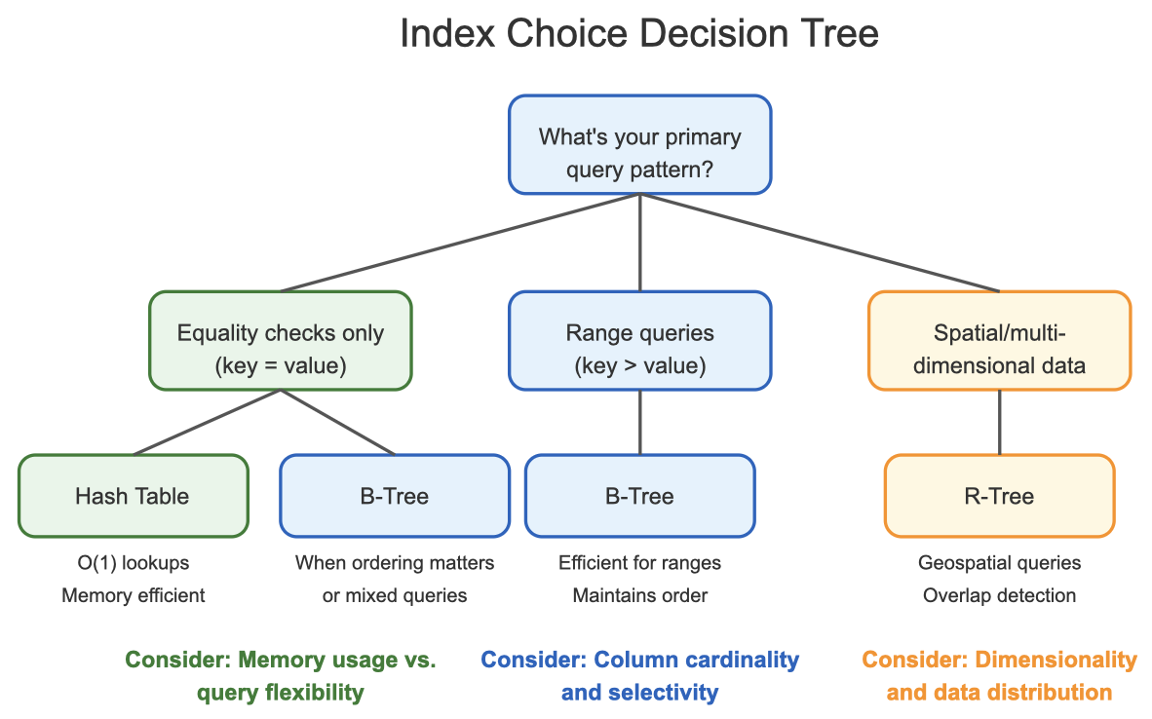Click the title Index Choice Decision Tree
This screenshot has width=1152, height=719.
point(639,34)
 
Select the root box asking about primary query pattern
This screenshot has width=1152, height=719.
point(639,144)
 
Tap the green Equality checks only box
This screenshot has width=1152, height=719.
point(281,341)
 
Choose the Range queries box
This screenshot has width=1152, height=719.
point(639,341)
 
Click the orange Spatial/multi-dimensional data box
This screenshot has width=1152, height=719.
point(999,341)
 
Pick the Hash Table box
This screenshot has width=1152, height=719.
point(133,496)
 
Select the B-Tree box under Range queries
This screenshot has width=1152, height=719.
point(639,496)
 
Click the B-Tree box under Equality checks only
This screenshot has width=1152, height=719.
point(394,496)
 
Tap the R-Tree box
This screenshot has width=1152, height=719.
point(999,496)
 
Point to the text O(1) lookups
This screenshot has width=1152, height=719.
point(133,563)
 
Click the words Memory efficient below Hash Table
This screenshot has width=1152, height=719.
point(133,595)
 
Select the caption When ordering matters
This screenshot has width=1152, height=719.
point(394,563)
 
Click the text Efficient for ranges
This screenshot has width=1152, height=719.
point(639,563)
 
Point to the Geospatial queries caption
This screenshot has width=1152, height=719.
point(999,563)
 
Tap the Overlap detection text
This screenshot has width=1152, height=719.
point(999,595)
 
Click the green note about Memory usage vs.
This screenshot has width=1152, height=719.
point(281,661)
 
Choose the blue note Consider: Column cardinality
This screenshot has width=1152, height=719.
point(639,661)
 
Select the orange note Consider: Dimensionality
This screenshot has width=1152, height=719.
point(999,661)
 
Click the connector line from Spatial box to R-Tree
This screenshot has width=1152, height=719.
point(999,423)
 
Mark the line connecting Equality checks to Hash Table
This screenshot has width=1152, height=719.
point(207,423)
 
